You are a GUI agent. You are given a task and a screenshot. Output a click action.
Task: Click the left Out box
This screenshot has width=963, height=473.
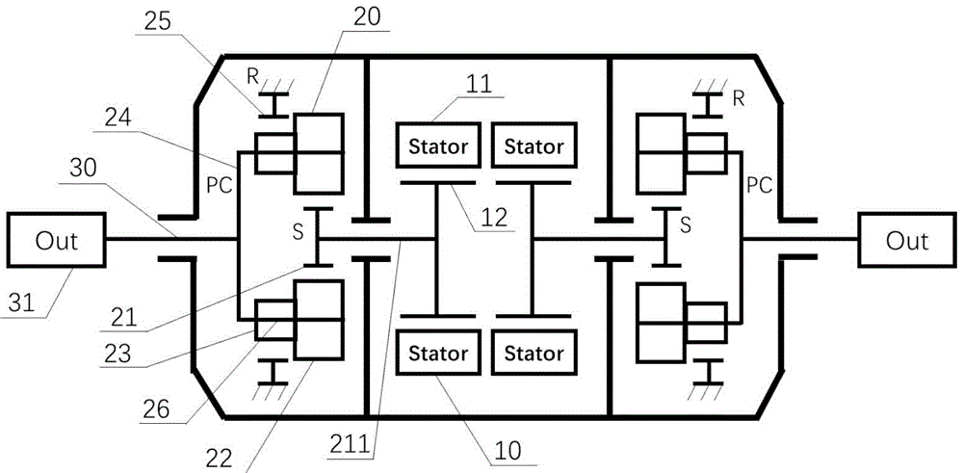coord(55,240)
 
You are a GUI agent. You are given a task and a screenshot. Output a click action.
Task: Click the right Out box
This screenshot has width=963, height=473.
coord(906,240)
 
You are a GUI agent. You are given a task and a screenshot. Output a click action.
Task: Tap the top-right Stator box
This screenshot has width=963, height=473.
coord(528,147)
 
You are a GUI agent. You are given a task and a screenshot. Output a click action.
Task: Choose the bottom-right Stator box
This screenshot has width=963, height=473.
coord(528,353)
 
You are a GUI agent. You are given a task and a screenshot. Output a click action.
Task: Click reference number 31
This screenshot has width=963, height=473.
coord(26,306)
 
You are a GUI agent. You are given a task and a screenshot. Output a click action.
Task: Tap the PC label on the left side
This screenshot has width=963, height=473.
coord(221,185)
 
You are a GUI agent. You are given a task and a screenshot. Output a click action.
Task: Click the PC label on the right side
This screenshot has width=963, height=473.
coord(759,185)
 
